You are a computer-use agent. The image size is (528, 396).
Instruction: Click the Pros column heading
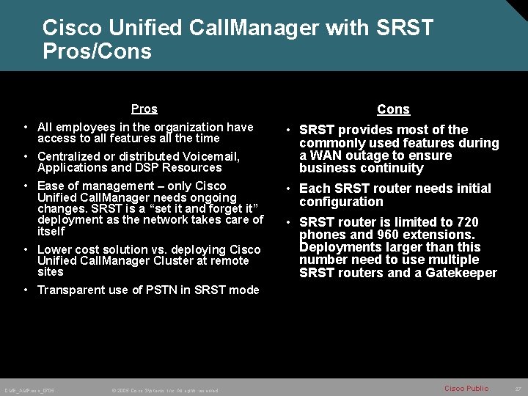pyautogui.click(x=144, y=109)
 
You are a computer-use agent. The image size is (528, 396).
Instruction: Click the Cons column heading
pyautogui.click(x=393, y=109)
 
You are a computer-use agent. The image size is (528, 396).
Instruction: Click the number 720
pyautogui.click(x=468, y=222)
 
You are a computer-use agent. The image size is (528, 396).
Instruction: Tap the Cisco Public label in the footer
pyautogui.click(x=466, y=388)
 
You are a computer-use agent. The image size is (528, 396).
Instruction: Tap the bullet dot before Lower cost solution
pyautogui.click(x=26, y=250)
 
